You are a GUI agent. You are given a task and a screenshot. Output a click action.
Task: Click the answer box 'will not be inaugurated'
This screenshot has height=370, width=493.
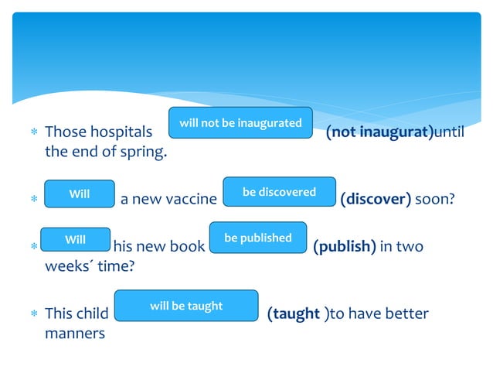pyautogui.click(x=240, y=123)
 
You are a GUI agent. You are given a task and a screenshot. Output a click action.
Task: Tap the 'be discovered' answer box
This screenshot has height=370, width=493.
pyautogui.click(x=279, y=192)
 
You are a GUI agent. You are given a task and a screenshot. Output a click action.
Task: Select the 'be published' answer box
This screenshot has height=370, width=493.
pyautogui.click(x=258, y=238)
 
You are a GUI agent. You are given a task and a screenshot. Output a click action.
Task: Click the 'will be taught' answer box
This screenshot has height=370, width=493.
pyautogui.click(x=185, y=306)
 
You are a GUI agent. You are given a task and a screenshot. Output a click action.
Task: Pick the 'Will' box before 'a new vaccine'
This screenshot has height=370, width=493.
pyautogui.click(x=80, y=194)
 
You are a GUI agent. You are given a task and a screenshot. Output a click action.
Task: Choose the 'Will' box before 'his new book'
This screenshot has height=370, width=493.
pyautogui.click(x=75, y=240)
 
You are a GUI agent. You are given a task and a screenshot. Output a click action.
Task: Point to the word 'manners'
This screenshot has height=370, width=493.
pyautogui.click(x=75, y=334)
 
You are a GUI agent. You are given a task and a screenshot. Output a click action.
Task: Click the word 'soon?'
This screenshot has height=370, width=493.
pyautogui.click(x=435, y=200)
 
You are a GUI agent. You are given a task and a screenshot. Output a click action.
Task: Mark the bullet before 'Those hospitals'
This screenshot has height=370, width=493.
pyautogui.click(x=34, y=132)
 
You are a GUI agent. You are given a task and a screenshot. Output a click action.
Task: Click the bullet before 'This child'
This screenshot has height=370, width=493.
pyautogui.click(x=34, y=314)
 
